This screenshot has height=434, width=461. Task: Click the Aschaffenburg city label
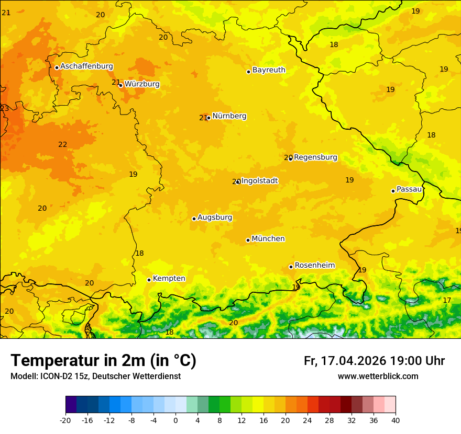(x=86, y=66)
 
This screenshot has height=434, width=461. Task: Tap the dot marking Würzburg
(x=120, y=85)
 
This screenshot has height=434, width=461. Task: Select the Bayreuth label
(x=269, y=70)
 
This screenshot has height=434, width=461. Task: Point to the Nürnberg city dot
(x=208, y=118)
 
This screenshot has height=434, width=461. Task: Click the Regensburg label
(x=315, y=157)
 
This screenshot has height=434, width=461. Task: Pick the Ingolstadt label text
(x=259, y=181)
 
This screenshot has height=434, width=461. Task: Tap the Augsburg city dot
(x=194, y=219)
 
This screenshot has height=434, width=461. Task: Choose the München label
(x=268, y=239)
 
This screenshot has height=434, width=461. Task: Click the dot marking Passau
(x=393, y=191)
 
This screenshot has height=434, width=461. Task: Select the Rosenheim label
(x=314, y=266)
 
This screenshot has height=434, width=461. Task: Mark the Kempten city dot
(x=149, y=280)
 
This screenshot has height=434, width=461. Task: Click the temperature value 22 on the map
(x=63, y=145)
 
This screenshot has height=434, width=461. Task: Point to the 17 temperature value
(x=447, y=300)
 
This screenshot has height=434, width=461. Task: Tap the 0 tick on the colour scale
(x=175, y=420)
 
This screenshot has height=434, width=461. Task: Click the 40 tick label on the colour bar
(x=396, y=420)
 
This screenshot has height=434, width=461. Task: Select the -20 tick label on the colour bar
(x=65, y=420)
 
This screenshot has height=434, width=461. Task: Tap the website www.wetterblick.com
(x=378, y=376)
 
